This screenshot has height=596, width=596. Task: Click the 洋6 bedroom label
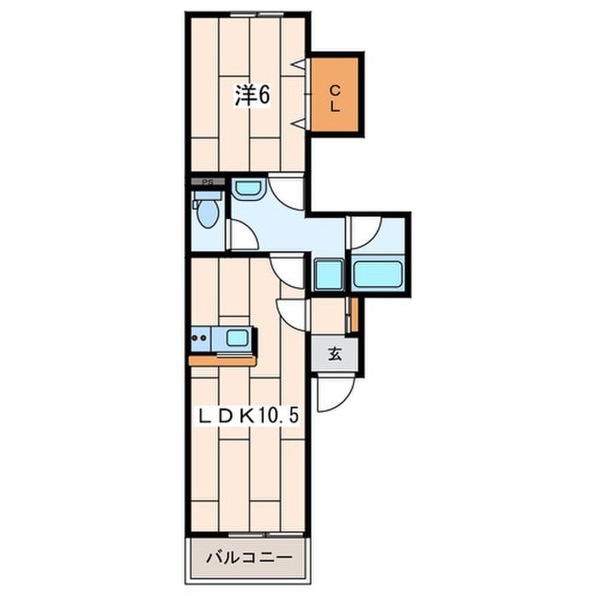tap(252, 95)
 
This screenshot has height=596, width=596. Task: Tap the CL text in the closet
tap(335, 99)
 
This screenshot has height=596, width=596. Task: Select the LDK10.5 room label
tap(248, 415)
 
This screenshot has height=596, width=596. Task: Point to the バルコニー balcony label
tap(249, 558)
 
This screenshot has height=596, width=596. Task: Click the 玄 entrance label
tap(335, 355)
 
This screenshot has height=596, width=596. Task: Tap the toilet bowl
tap(208, 214)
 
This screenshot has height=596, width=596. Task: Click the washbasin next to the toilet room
tap(248, 189)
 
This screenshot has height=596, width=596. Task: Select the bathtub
tap(378, 273)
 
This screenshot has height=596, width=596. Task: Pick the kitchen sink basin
tap(238, 337)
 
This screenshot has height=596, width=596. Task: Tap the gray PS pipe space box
tap(208, 181)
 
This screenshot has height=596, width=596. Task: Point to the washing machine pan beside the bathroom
tap(330, 274)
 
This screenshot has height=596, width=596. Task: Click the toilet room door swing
tap(243, 236)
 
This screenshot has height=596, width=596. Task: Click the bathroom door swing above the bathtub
tap(365, 232)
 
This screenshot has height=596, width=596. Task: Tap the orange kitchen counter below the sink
tap(223, 362)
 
